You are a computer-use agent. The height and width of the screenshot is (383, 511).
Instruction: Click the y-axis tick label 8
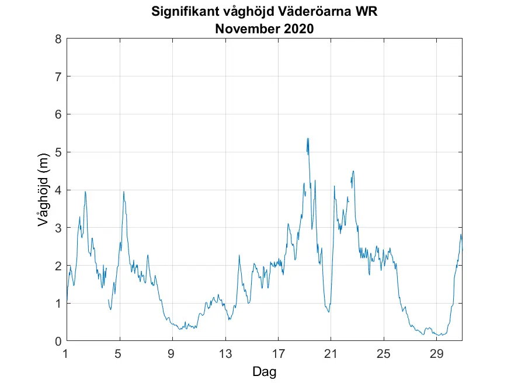58,39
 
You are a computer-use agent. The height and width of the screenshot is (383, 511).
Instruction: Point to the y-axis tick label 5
58,152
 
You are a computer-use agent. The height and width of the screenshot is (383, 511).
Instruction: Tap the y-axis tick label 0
58,342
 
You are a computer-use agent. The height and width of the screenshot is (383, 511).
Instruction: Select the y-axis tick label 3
58,228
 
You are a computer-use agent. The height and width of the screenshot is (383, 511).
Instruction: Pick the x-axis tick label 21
331,353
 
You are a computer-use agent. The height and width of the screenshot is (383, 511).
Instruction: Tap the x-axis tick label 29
436,353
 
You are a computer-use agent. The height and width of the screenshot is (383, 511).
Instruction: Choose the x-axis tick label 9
172,353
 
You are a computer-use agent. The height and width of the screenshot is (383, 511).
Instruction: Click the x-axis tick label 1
67,353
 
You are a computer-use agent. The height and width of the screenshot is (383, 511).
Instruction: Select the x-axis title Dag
264,371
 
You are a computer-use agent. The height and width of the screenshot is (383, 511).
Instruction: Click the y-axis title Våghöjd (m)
42,190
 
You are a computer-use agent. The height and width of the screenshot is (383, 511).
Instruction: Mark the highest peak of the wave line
307,138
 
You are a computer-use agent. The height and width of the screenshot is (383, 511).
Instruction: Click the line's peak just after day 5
124,191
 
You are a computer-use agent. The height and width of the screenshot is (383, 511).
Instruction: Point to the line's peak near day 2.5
85,191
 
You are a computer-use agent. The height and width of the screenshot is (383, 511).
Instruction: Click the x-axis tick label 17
278,353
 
